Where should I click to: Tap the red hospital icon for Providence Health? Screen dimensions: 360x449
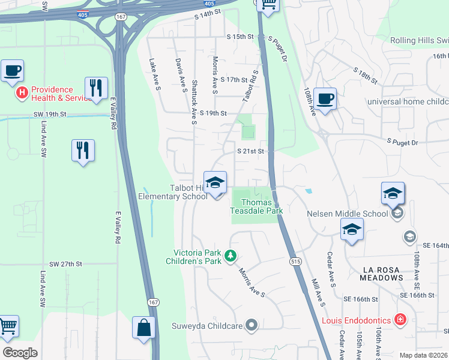coord(22,92)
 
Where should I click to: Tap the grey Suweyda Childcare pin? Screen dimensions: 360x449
coord(252,326)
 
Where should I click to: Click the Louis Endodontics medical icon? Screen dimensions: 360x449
coord(400,320)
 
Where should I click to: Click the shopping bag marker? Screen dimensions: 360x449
coord(144,328)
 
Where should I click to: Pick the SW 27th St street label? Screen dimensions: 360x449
coord(65,264)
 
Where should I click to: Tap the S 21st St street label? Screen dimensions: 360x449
coord(251,151)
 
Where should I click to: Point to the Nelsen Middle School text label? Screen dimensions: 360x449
coord(348,213)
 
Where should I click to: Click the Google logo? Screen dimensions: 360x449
coord(20,353)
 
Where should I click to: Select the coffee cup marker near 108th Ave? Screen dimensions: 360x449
coord(325,99)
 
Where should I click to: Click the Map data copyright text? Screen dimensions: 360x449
coord(423,355)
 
